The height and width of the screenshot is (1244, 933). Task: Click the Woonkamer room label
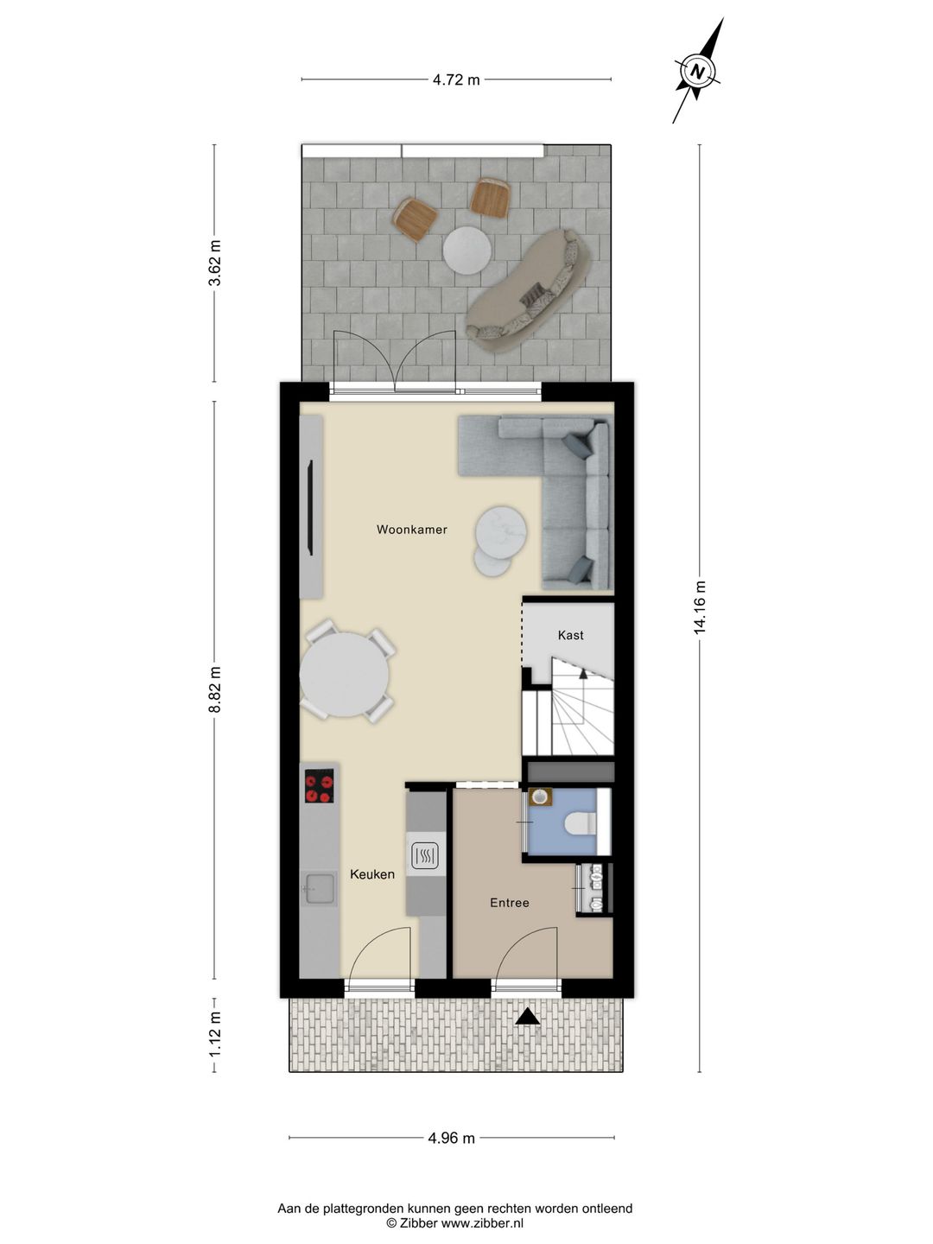pos(411,530)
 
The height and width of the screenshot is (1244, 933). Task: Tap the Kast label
pos(570,635)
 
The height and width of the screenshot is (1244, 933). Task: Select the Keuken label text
pos(372,874)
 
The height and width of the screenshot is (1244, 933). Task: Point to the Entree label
pos(509,903)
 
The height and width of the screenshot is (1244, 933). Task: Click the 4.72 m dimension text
pos(456,80)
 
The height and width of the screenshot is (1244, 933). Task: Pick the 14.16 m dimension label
pos(700,607)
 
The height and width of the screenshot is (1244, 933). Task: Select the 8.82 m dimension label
pos(215,689)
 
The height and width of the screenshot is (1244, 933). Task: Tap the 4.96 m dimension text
pos(451,1138)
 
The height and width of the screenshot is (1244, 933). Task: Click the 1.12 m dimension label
pos(215,1034)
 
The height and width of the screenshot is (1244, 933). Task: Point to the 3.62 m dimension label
pos(215,263)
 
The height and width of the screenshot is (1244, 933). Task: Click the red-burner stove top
pos(319,786)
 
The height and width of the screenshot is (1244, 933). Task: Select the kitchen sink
pos(319,887)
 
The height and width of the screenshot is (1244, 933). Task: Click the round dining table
pos(345,675)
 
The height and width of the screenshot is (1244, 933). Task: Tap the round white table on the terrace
pos(466,250)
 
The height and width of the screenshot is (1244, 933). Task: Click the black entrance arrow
pos(528,1018)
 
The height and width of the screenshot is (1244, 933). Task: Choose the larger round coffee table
pos(502,529)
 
